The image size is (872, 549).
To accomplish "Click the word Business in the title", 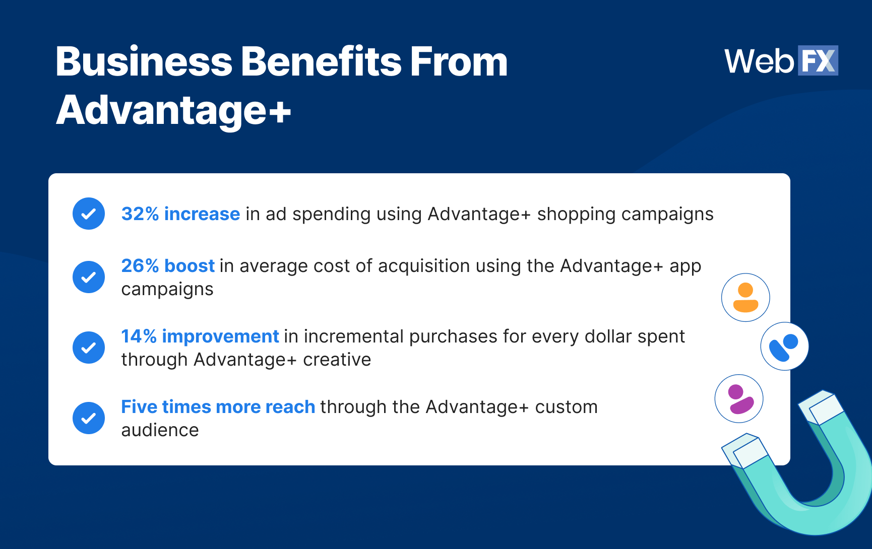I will point(144,62).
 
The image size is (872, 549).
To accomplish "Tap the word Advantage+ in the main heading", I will point(173,111).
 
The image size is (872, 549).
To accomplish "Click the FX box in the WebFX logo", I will point(817,61).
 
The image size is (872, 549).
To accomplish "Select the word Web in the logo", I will point(759,61).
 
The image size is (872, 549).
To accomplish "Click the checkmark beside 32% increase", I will point(89,214).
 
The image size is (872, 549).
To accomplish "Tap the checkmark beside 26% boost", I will point(89,277).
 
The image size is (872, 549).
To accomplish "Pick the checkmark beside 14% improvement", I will point(89,348).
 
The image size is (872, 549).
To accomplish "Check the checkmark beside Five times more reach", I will point(89,418).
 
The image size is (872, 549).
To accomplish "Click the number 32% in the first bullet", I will point(140,214).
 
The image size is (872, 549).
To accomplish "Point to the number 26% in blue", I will point(140,266).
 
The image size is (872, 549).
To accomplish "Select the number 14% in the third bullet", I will point(139,336).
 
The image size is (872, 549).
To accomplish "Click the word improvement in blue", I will point(220,336).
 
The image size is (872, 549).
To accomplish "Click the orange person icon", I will point(745,298).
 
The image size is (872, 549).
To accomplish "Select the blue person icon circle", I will point(784,347).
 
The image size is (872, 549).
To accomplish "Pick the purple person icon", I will point(739,398).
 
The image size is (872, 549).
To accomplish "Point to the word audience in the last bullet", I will point(160,430).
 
